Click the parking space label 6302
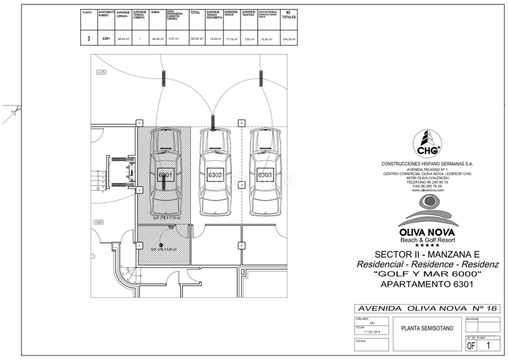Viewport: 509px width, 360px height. [215, 174]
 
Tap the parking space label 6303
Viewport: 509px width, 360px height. [265, 174]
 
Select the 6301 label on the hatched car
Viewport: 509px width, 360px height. [165, 174]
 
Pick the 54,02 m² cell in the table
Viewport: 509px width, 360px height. [195, 39]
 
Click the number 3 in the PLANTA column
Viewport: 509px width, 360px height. [88, 39]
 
